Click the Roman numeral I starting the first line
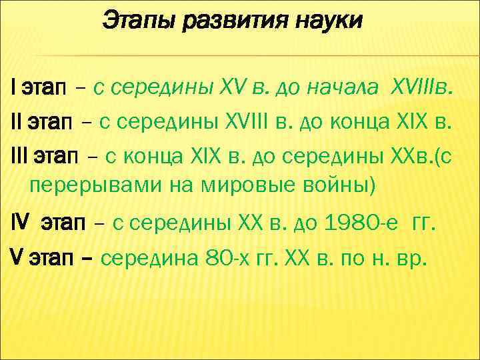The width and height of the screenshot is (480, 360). [x=14, y=87]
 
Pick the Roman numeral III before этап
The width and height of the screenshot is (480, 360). [x=20, y=157]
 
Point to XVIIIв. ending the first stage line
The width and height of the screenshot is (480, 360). [x=424, y=87]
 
